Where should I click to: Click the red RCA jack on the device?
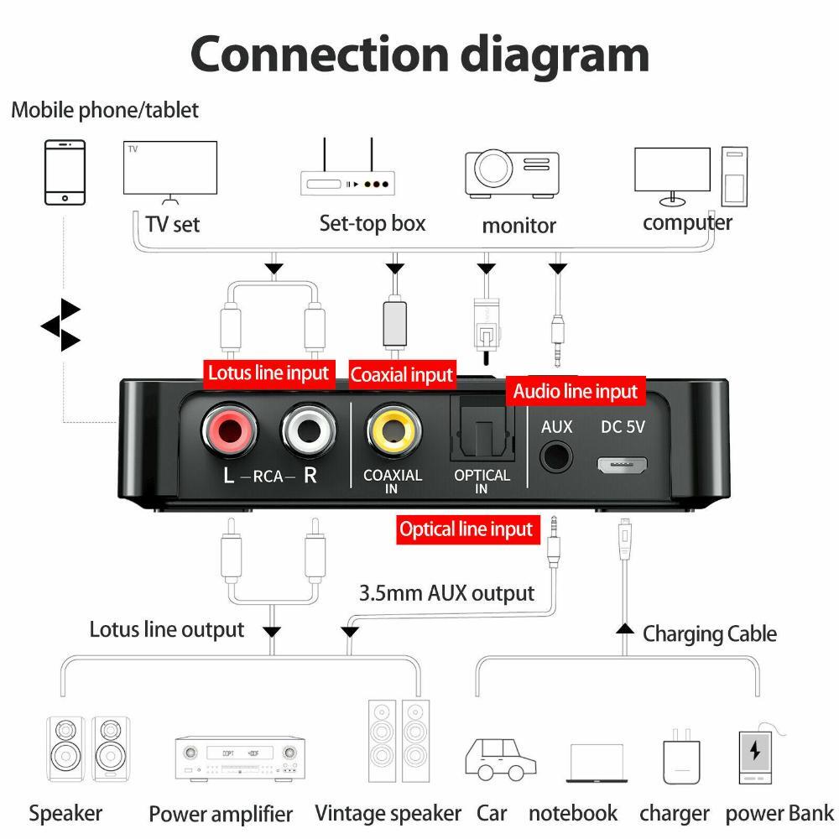coord(229,433)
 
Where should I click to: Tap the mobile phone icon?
coord(65,173)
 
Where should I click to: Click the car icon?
coord(500,758)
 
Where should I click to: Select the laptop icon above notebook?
coord(597,763)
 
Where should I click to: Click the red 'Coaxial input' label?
coord(402,375)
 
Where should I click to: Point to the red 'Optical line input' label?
coord(466,529)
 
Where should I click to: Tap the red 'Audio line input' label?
coord(576,391)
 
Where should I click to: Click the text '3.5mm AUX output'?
coord(446,593)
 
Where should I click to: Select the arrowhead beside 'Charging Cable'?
coord(623,628)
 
